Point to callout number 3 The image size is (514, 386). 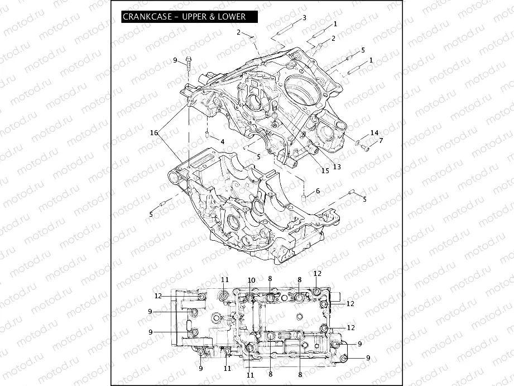(x=304, y=18)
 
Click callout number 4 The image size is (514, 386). (x=222, y=142)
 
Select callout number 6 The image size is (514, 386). (x=318, y=191)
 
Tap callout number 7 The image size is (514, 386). (x=381, y=141)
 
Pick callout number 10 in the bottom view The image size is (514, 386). (x=251, y=280)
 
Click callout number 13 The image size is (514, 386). (x=337, y=166)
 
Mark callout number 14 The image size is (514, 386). (x=374, y=133)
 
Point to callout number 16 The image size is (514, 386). (x=153, y=132)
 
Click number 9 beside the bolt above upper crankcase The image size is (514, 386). (x=175, y=60)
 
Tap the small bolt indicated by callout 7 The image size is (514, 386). (x=366, y=147)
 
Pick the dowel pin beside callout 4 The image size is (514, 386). (x=207, y=135)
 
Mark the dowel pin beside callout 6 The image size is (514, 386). (x=304, y=197)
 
